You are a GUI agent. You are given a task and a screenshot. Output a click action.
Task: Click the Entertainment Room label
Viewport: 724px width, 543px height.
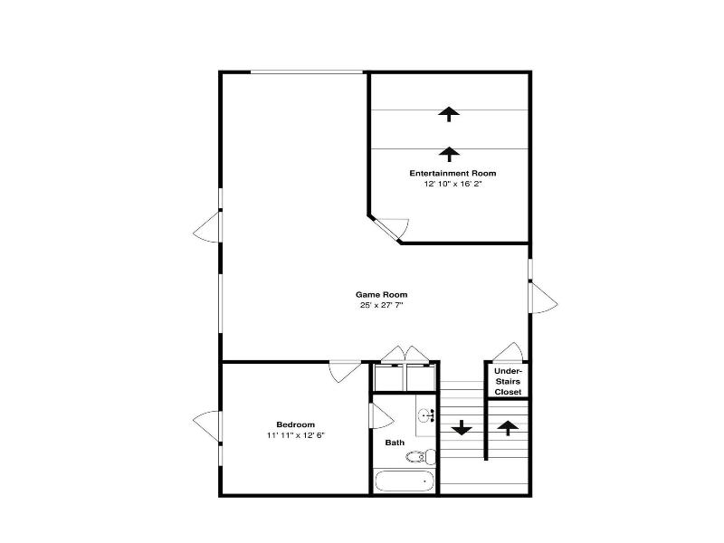452,173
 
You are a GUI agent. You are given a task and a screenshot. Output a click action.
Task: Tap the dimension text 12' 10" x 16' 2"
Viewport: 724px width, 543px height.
453,184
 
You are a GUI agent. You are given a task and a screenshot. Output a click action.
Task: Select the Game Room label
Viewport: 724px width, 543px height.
381,294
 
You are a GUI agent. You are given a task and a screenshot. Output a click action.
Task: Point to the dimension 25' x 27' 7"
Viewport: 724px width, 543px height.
381,305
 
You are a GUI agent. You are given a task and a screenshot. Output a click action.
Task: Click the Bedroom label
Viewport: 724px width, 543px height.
296,424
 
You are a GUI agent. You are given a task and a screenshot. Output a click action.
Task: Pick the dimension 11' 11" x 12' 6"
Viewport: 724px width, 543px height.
296,435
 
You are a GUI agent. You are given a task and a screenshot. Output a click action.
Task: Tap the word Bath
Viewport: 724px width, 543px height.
395,443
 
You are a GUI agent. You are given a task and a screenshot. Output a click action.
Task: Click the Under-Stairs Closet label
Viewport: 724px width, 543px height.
508,381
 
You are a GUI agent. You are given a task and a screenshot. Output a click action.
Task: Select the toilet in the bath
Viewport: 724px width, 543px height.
421,457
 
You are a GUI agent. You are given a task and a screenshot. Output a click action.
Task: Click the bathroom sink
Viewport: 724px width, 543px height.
425,415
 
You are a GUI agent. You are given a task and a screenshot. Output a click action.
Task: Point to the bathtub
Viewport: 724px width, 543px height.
405,481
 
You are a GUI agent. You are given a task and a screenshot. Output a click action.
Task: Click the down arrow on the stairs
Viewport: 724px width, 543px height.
462,428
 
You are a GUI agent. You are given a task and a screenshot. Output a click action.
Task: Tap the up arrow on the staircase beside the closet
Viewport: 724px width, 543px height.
508,428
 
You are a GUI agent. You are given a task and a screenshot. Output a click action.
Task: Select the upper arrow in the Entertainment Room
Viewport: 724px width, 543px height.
449,114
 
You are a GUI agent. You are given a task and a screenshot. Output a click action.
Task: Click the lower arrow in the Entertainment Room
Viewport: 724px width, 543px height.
449,154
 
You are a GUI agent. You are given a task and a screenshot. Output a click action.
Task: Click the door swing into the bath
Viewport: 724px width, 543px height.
381,415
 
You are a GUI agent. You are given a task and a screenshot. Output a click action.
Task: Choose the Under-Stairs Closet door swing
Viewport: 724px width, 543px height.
508,352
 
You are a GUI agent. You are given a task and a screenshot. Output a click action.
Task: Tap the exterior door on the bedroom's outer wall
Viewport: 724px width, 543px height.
207,425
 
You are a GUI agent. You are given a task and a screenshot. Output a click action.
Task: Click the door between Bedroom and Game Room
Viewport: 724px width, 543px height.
345,371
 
